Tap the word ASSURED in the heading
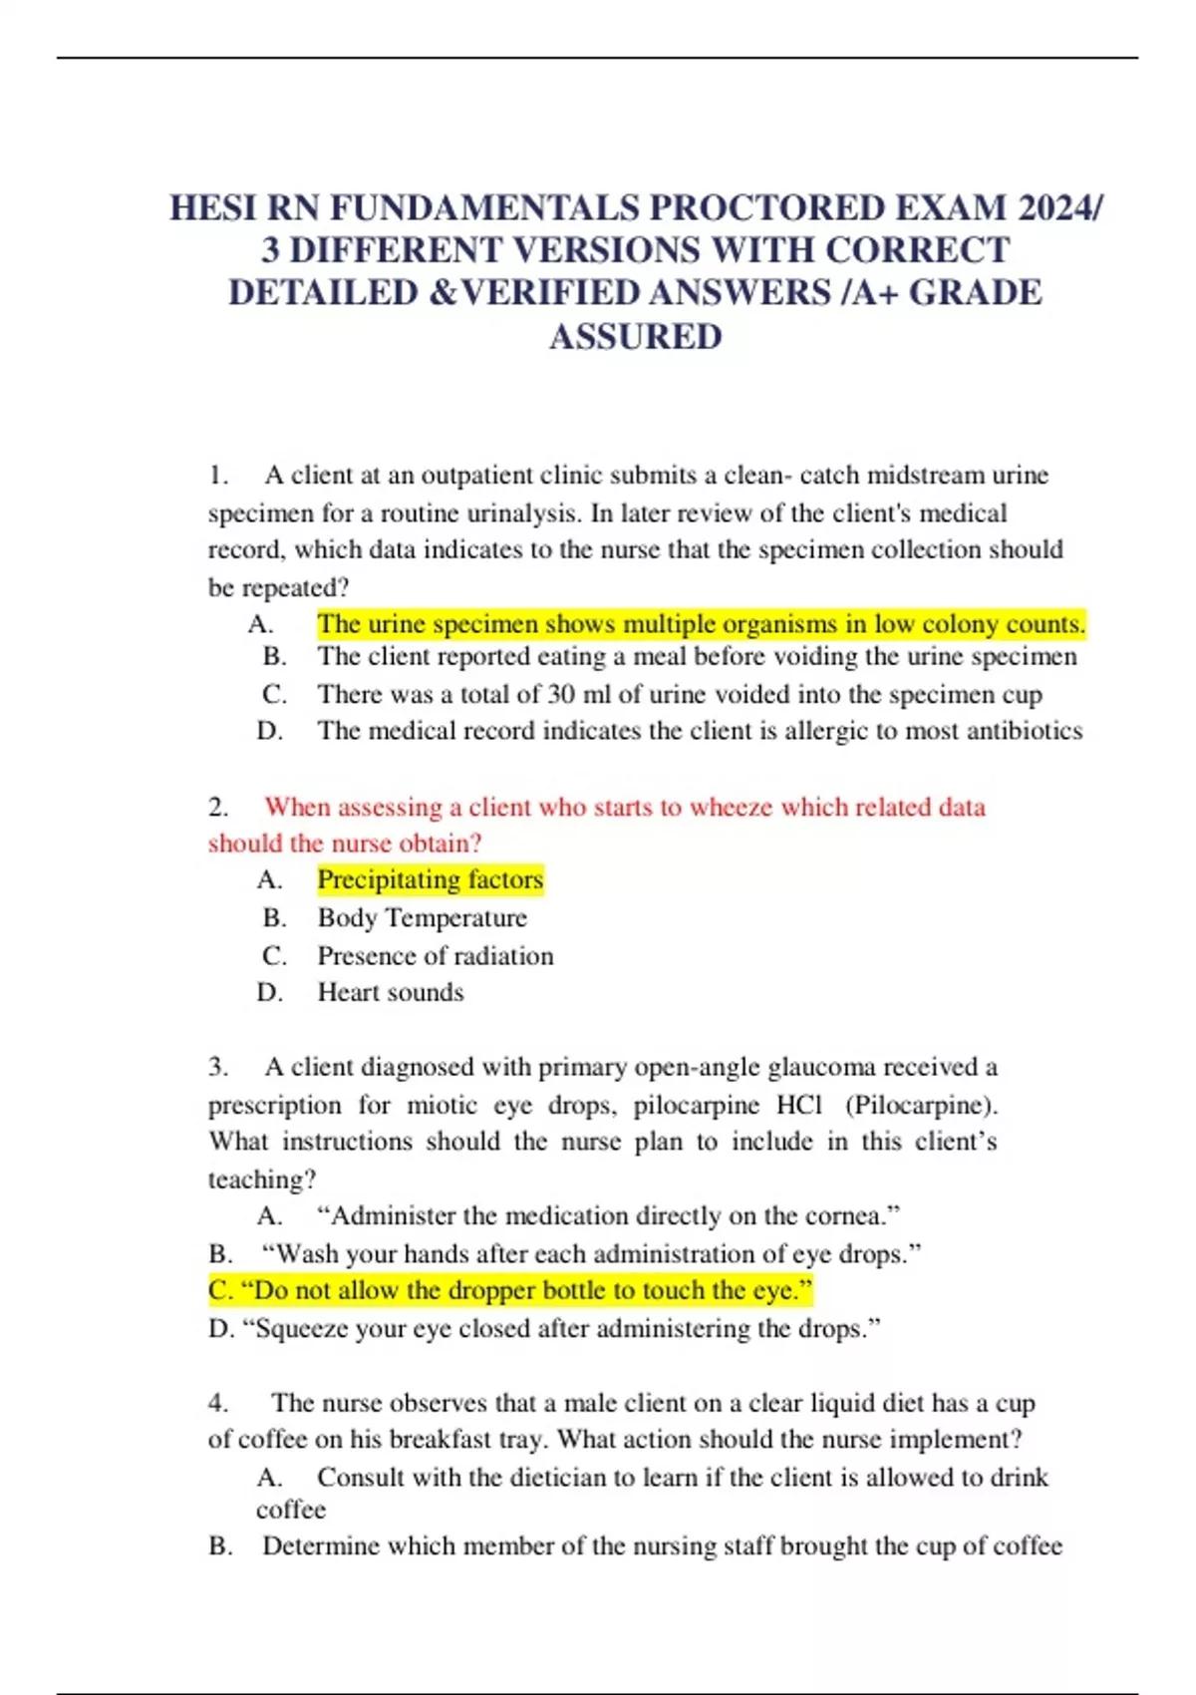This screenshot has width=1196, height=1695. pyautogui.click(x=635, y=337)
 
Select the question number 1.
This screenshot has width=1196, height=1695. pyautogui.click(x=217, y=476)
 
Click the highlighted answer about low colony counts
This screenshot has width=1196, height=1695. pyautogui.click(x=701, y=624)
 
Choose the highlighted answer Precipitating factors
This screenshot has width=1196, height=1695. pyautogui.click(x=430, y=879)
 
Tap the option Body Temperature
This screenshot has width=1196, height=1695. pyautogui.click(x=422, y=917)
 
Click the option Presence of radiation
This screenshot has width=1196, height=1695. pyautogui.click(x=435, y=955)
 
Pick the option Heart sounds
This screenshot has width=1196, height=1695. pyautogui.click(x=390, y=992)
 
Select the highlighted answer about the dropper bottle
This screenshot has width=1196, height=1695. pyautogui.click(x=510, y=1290)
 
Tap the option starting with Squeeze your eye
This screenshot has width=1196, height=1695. pyautogui.click(x=544, y=1328)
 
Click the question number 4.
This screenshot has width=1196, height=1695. pyautogui.click(x=217, y=1403)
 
